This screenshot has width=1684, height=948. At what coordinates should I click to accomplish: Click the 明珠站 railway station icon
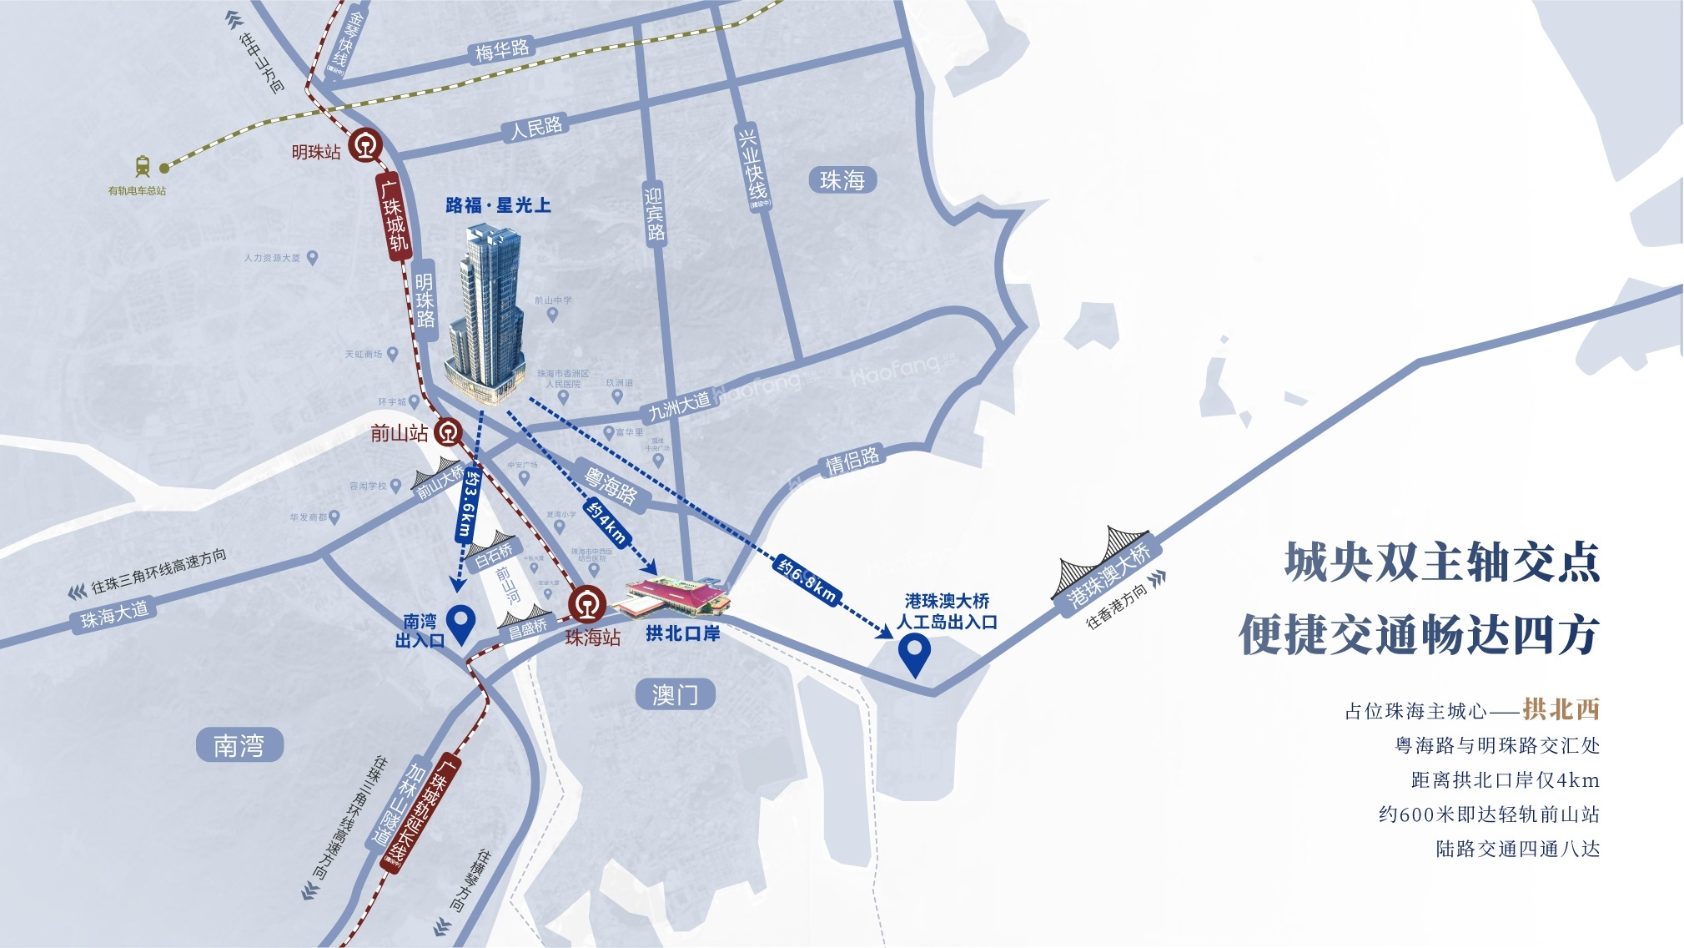click(364, 145)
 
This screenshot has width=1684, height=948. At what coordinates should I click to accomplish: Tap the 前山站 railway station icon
click(448, 432)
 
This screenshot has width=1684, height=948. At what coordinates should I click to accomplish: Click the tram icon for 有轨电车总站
click(143, 166)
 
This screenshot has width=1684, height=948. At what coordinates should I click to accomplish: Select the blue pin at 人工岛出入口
click(914, 653)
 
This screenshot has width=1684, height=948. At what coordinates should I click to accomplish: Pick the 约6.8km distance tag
click(807, 578)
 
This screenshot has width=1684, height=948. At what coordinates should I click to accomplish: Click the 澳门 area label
click(675, 694)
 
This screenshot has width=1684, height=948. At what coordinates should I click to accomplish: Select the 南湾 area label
click(239, 744)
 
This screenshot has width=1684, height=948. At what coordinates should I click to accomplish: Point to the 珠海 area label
click(842, 180)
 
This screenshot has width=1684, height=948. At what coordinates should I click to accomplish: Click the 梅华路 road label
click(502, 50)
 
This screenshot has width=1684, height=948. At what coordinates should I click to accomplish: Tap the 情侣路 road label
click(852, 461)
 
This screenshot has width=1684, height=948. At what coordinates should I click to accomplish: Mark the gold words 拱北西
click(1561, 709)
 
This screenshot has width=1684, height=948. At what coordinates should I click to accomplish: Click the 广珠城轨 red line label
click(395, 214)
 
